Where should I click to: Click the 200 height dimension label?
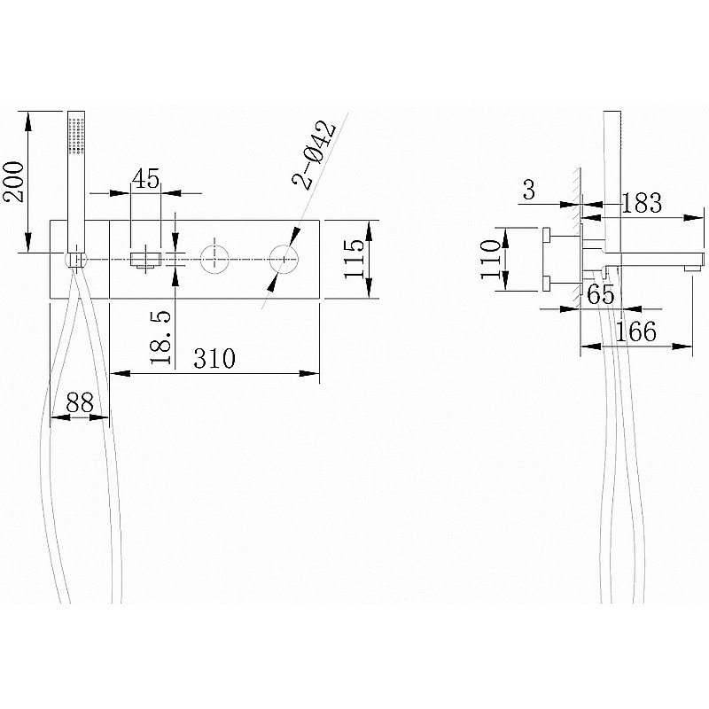pos(13,182)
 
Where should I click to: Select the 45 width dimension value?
pos(146,179)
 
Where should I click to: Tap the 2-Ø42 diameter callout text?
pos(314,154)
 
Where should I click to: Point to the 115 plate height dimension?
pos(354,259)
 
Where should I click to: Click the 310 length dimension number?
pos(214,359)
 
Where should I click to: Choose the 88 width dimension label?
pos(80,402)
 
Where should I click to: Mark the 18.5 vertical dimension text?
pos(161,338)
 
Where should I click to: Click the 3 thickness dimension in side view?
pos(529,190)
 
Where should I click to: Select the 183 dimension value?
pos(642,203)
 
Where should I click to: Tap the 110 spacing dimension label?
pos(491,260)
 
